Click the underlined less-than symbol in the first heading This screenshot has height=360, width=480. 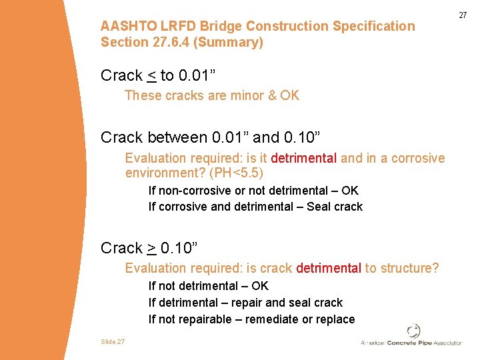[x=151, y=76]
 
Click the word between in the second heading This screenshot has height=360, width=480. [x=177, y=138]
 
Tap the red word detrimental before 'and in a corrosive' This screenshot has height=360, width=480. [x=304, y=159]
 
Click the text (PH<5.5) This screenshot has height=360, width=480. [x=236, y=173]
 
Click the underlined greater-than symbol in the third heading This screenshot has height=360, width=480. [x=151, y=249]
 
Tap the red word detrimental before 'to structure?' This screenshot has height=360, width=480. [x=329, y=269]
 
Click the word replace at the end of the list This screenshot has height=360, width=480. [x=334, y=319]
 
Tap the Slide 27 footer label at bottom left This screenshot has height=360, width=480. [x=113, y=341]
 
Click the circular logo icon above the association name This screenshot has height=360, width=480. [x=413, y=331]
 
